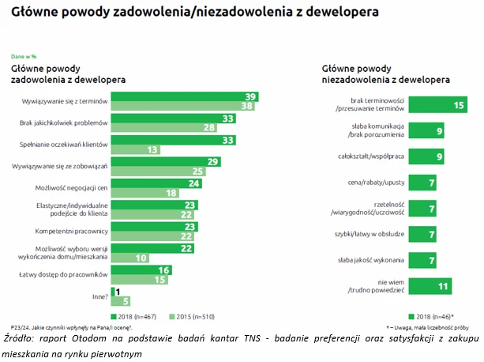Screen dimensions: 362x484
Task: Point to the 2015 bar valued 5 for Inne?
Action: (x=117, y=300)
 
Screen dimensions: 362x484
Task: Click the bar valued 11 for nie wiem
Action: (x=418, y=285)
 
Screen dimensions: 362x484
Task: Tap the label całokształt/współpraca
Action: (x=362, y=156)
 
